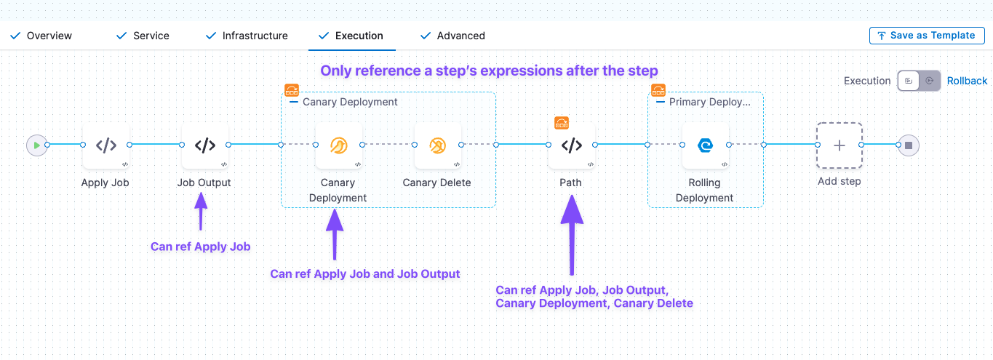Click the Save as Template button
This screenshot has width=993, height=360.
tap(926, 36)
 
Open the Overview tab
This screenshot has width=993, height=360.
tap(49, 36)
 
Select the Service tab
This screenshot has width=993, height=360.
tap(151, 36)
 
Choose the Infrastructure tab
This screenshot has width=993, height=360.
tap(255, 36)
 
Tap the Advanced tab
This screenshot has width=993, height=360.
tap(460, 36)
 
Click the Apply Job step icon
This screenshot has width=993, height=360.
tap(106, 145)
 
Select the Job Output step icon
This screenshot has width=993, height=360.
tap(205, 145)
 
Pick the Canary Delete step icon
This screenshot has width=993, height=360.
tap(437, 145)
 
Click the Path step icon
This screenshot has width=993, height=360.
tap(572, 145)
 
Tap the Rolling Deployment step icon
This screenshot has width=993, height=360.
tap(705, 145)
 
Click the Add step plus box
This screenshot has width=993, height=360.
tap(839, 145)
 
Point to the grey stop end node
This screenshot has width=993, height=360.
tap(908, 145)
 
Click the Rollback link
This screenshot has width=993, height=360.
tap(967, 81)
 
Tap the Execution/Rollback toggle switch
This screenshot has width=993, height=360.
tap(919, 81)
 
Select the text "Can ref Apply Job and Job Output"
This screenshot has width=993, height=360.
tap(365, 274)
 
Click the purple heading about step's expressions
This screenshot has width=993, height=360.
tap(489, 71)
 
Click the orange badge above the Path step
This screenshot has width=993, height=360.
tap(562, 122)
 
